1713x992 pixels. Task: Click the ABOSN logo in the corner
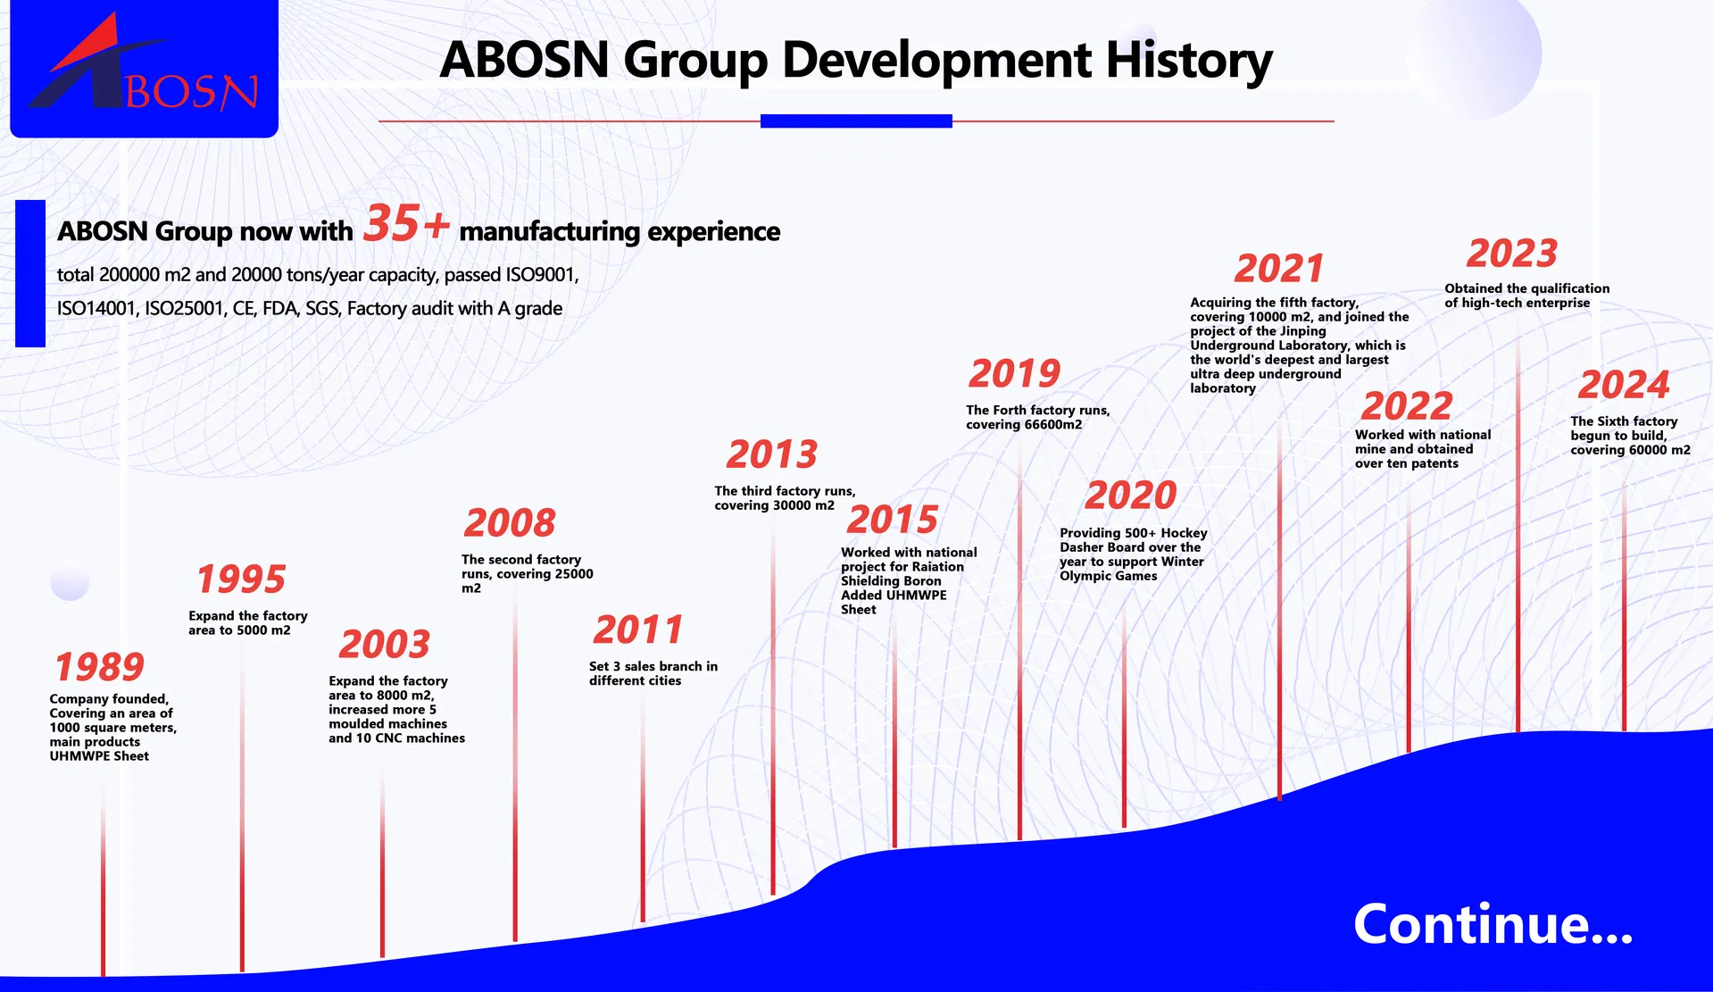point(144,69)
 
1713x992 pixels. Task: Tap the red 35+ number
point(406,223)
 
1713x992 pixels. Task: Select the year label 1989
point(99,667)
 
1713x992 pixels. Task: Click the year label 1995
point(241,579)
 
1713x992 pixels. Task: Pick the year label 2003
point(384,644)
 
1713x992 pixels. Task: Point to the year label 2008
point(510,523)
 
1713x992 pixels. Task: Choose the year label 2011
point(637,630)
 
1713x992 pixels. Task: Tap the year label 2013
point(771,454)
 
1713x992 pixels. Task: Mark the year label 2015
point(892,520)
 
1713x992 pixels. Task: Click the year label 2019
point(1014,374)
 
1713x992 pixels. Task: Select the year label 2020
point(1130,496)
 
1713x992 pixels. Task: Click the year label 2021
point(1278,269)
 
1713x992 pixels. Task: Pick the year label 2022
point(1407,406)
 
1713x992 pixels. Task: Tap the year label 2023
point(1512,254)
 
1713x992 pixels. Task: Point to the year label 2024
point(1623,386)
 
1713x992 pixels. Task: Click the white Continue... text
point(1493,924)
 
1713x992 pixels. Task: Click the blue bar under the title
point(856,121)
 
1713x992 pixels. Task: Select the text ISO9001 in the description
point(542,275)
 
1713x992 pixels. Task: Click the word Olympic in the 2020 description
point(1085,576)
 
